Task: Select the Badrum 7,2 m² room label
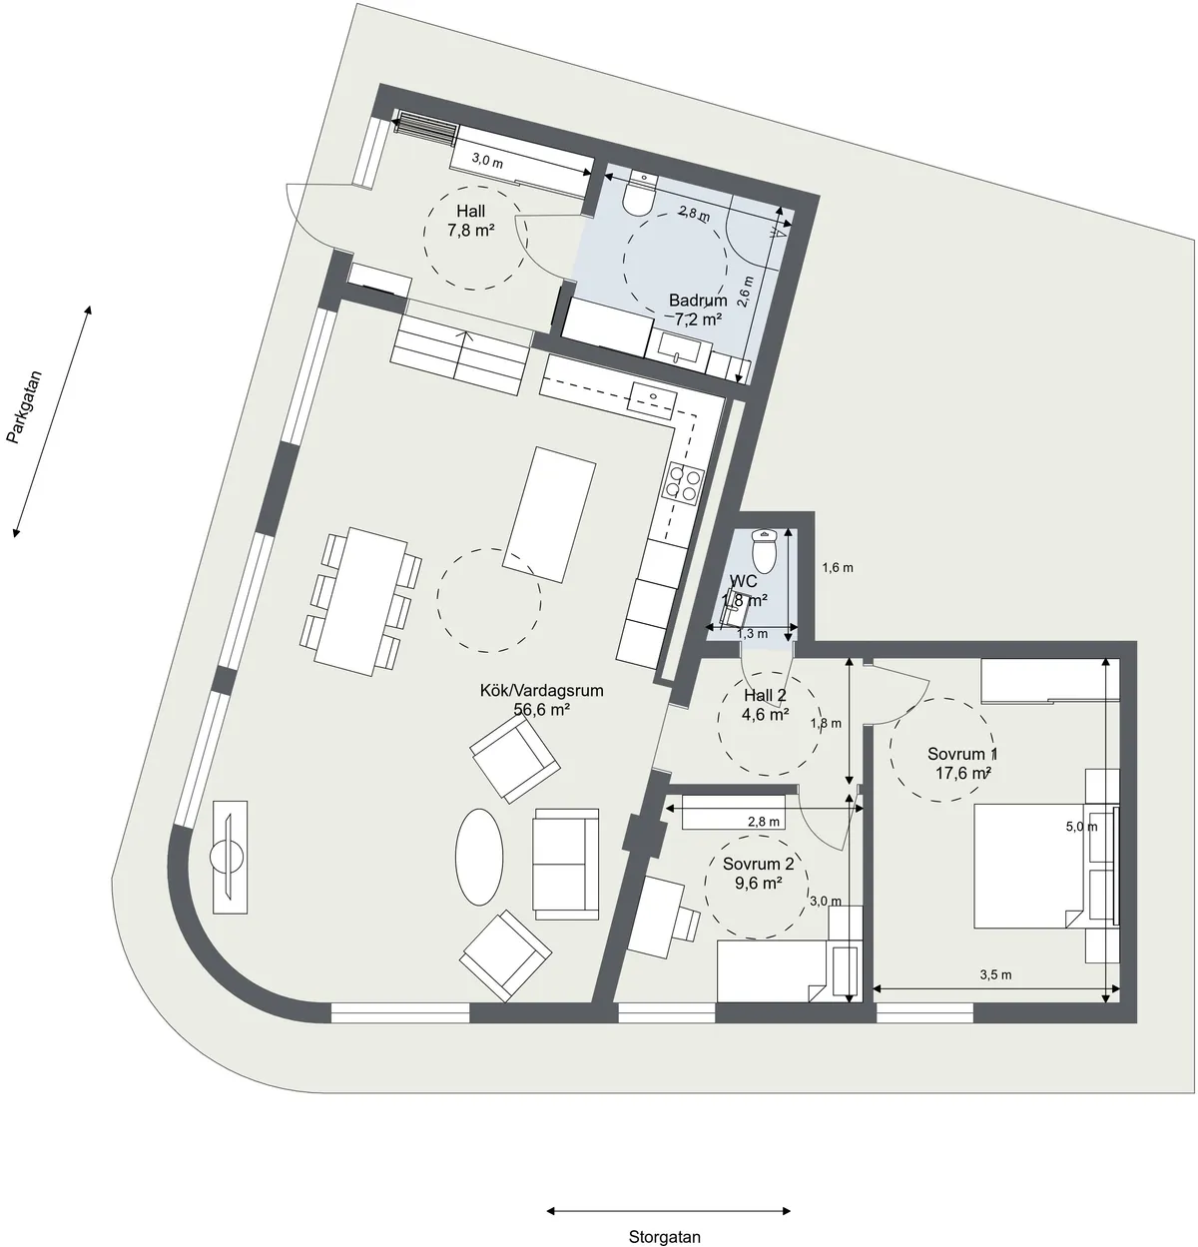(x=698, y=310)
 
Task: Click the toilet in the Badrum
(x=637, y=197)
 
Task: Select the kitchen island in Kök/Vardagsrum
(x=550, y=514)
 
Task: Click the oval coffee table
(x=480, y=856)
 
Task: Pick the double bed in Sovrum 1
(x=1028, y=865)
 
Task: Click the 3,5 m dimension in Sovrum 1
(x=995, y=974)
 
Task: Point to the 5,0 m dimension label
(x=1081, y=826)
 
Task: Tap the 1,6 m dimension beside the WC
(x=838, y=568)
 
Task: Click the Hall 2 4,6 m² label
(x=766, y=705)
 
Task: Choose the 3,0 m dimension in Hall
(x=486, y=159)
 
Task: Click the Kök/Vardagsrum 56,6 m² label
(x=542, y=700)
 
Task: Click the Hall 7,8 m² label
(x=471, y=221)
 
